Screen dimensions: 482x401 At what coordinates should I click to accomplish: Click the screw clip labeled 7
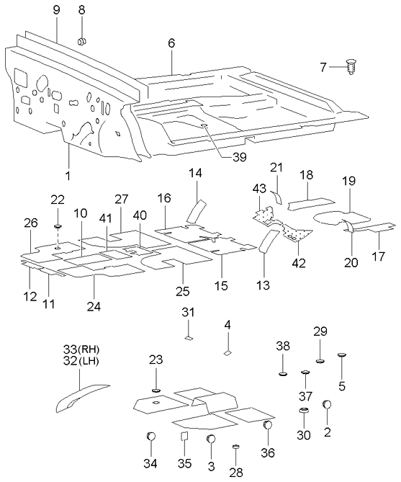351,68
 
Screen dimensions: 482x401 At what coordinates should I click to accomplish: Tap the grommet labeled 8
81,40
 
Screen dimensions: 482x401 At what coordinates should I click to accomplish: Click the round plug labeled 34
150,437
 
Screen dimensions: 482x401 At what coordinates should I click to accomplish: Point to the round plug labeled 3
211,439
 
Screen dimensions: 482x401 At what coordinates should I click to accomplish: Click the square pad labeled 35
184,437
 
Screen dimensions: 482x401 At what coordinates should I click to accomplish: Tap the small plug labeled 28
235,448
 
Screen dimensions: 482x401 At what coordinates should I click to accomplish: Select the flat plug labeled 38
283,373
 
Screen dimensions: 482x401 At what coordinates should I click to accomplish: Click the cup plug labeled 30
304,411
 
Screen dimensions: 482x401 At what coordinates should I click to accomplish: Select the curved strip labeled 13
267,243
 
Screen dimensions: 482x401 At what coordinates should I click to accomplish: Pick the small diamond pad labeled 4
227,353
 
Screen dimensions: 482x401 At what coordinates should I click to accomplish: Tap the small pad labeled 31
187,335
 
